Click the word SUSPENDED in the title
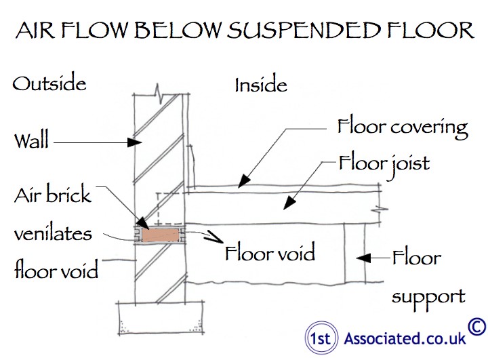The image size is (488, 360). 304,31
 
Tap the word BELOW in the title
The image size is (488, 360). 178,31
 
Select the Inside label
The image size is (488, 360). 261,84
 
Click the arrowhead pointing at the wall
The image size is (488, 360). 135,142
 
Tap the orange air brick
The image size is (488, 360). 161,235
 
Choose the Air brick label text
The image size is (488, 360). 53,194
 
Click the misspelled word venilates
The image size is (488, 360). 54,233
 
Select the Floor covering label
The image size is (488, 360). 403,128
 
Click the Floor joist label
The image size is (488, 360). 384,164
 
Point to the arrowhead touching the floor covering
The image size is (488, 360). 244,181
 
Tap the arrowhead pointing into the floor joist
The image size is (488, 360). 289,203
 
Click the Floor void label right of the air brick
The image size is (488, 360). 270,253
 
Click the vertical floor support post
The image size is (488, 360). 354,253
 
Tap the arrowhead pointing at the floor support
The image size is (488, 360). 363,258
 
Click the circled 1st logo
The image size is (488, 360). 321,338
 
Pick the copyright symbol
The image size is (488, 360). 476,327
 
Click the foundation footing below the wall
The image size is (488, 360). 161,318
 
